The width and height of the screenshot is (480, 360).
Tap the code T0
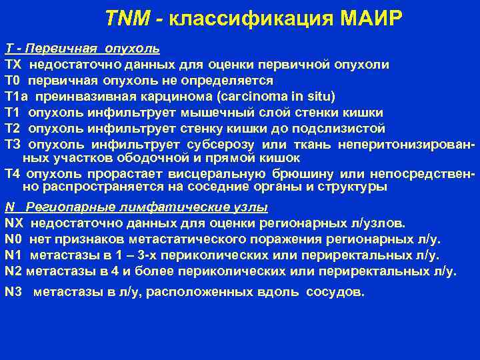pos(13,81)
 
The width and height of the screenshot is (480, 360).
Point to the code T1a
pos(17,96)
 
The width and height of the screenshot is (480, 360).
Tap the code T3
pos(13,143)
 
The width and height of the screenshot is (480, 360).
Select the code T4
pos(13,175)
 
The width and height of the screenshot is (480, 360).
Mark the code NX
pos(14,223)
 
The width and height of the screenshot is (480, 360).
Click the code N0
pos(14,239)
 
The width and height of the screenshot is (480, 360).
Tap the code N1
pos(14,255)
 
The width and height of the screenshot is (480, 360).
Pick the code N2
pos(14,271)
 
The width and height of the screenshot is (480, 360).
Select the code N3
pos(14,291)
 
